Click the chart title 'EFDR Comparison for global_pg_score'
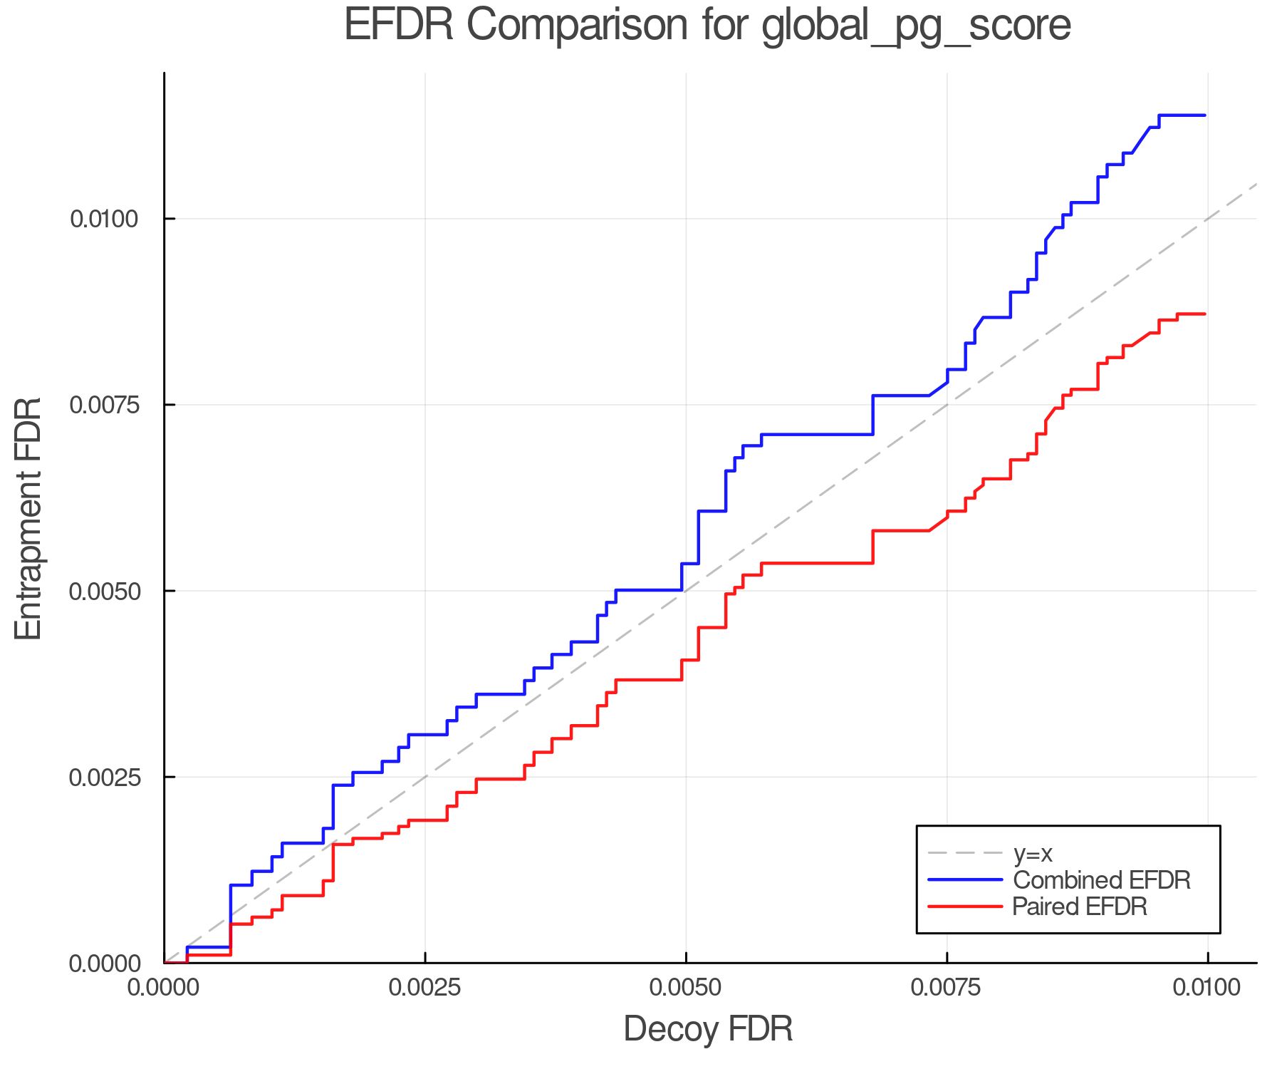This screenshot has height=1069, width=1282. click(707, 26)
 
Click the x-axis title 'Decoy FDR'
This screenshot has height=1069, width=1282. click(708, 1029)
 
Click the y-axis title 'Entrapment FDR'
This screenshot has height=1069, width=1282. click(29, 518)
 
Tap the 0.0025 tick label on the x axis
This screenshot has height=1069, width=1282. click(425, 987)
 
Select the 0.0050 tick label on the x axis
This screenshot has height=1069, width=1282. click(686, 987)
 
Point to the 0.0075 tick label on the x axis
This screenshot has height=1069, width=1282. click(947, 987)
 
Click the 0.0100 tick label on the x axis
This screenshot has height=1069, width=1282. click(1207, 987)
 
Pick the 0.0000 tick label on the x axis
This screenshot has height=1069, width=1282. click(165, 987)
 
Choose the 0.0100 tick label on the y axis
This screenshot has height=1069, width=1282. click(103, 219)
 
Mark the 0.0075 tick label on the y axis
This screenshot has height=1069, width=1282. click(103, 405)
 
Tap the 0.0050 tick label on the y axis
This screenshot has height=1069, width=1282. click(103, 591)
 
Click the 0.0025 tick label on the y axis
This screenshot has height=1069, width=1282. click(103, 777)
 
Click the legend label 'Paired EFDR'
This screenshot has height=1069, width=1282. click(1080, 907)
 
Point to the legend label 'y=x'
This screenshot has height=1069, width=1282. click(1033, 853)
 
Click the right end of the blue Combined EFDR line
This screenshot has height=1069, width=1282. click(1205, 115)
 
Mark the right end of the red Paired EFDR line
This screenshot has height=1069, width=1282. click(1205, 314)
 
